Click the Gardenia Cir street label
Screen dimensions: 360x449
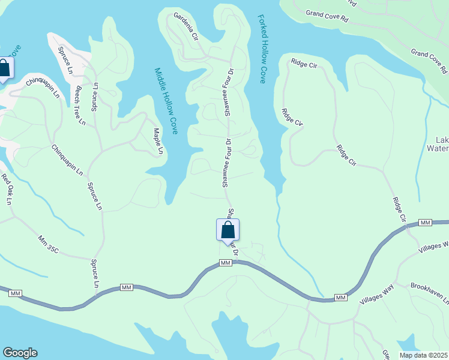pyautogui.click(x=186, y=26)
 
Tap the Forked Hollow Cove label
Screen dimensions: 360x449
pyautogui.click(x=262, y=49)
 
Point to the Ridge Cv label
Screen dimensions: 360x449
pyautogui.click(x=292, y=117)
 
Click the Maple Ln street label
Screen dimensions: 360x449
pyautogui.click(x=157, y=141)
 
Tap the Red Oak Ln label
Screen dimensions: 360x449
pyautogui.click(x=7, y=189)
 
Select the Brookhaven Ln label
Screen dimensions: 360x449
pyautogui.click(x=429, y=294)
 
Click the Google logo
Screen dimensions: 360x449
pyautogui.click(x=20, y=353)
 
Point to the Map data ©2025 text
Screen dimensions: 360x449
pyautogui.click(x=423, y=355)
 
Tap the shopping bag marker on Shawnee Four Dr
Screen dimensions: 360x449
pyautogui.click(x=228, y=230)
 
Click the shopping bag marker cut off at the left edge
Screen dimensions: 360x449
pyautogui.click(x=4, y=68)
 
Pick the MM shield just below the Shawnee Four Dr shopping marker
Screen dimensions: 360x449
pyautogui.click(x=226, y=263)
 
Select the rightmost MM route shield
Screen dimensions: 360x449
pyautogui.click(x=426, y=223)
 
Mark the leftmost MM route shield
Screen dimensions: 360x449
pyautogui.click(x=16, y=293)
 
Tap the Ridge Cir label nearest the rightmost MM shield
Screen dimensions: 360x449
pyautogui.click(x=399, y=210)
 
